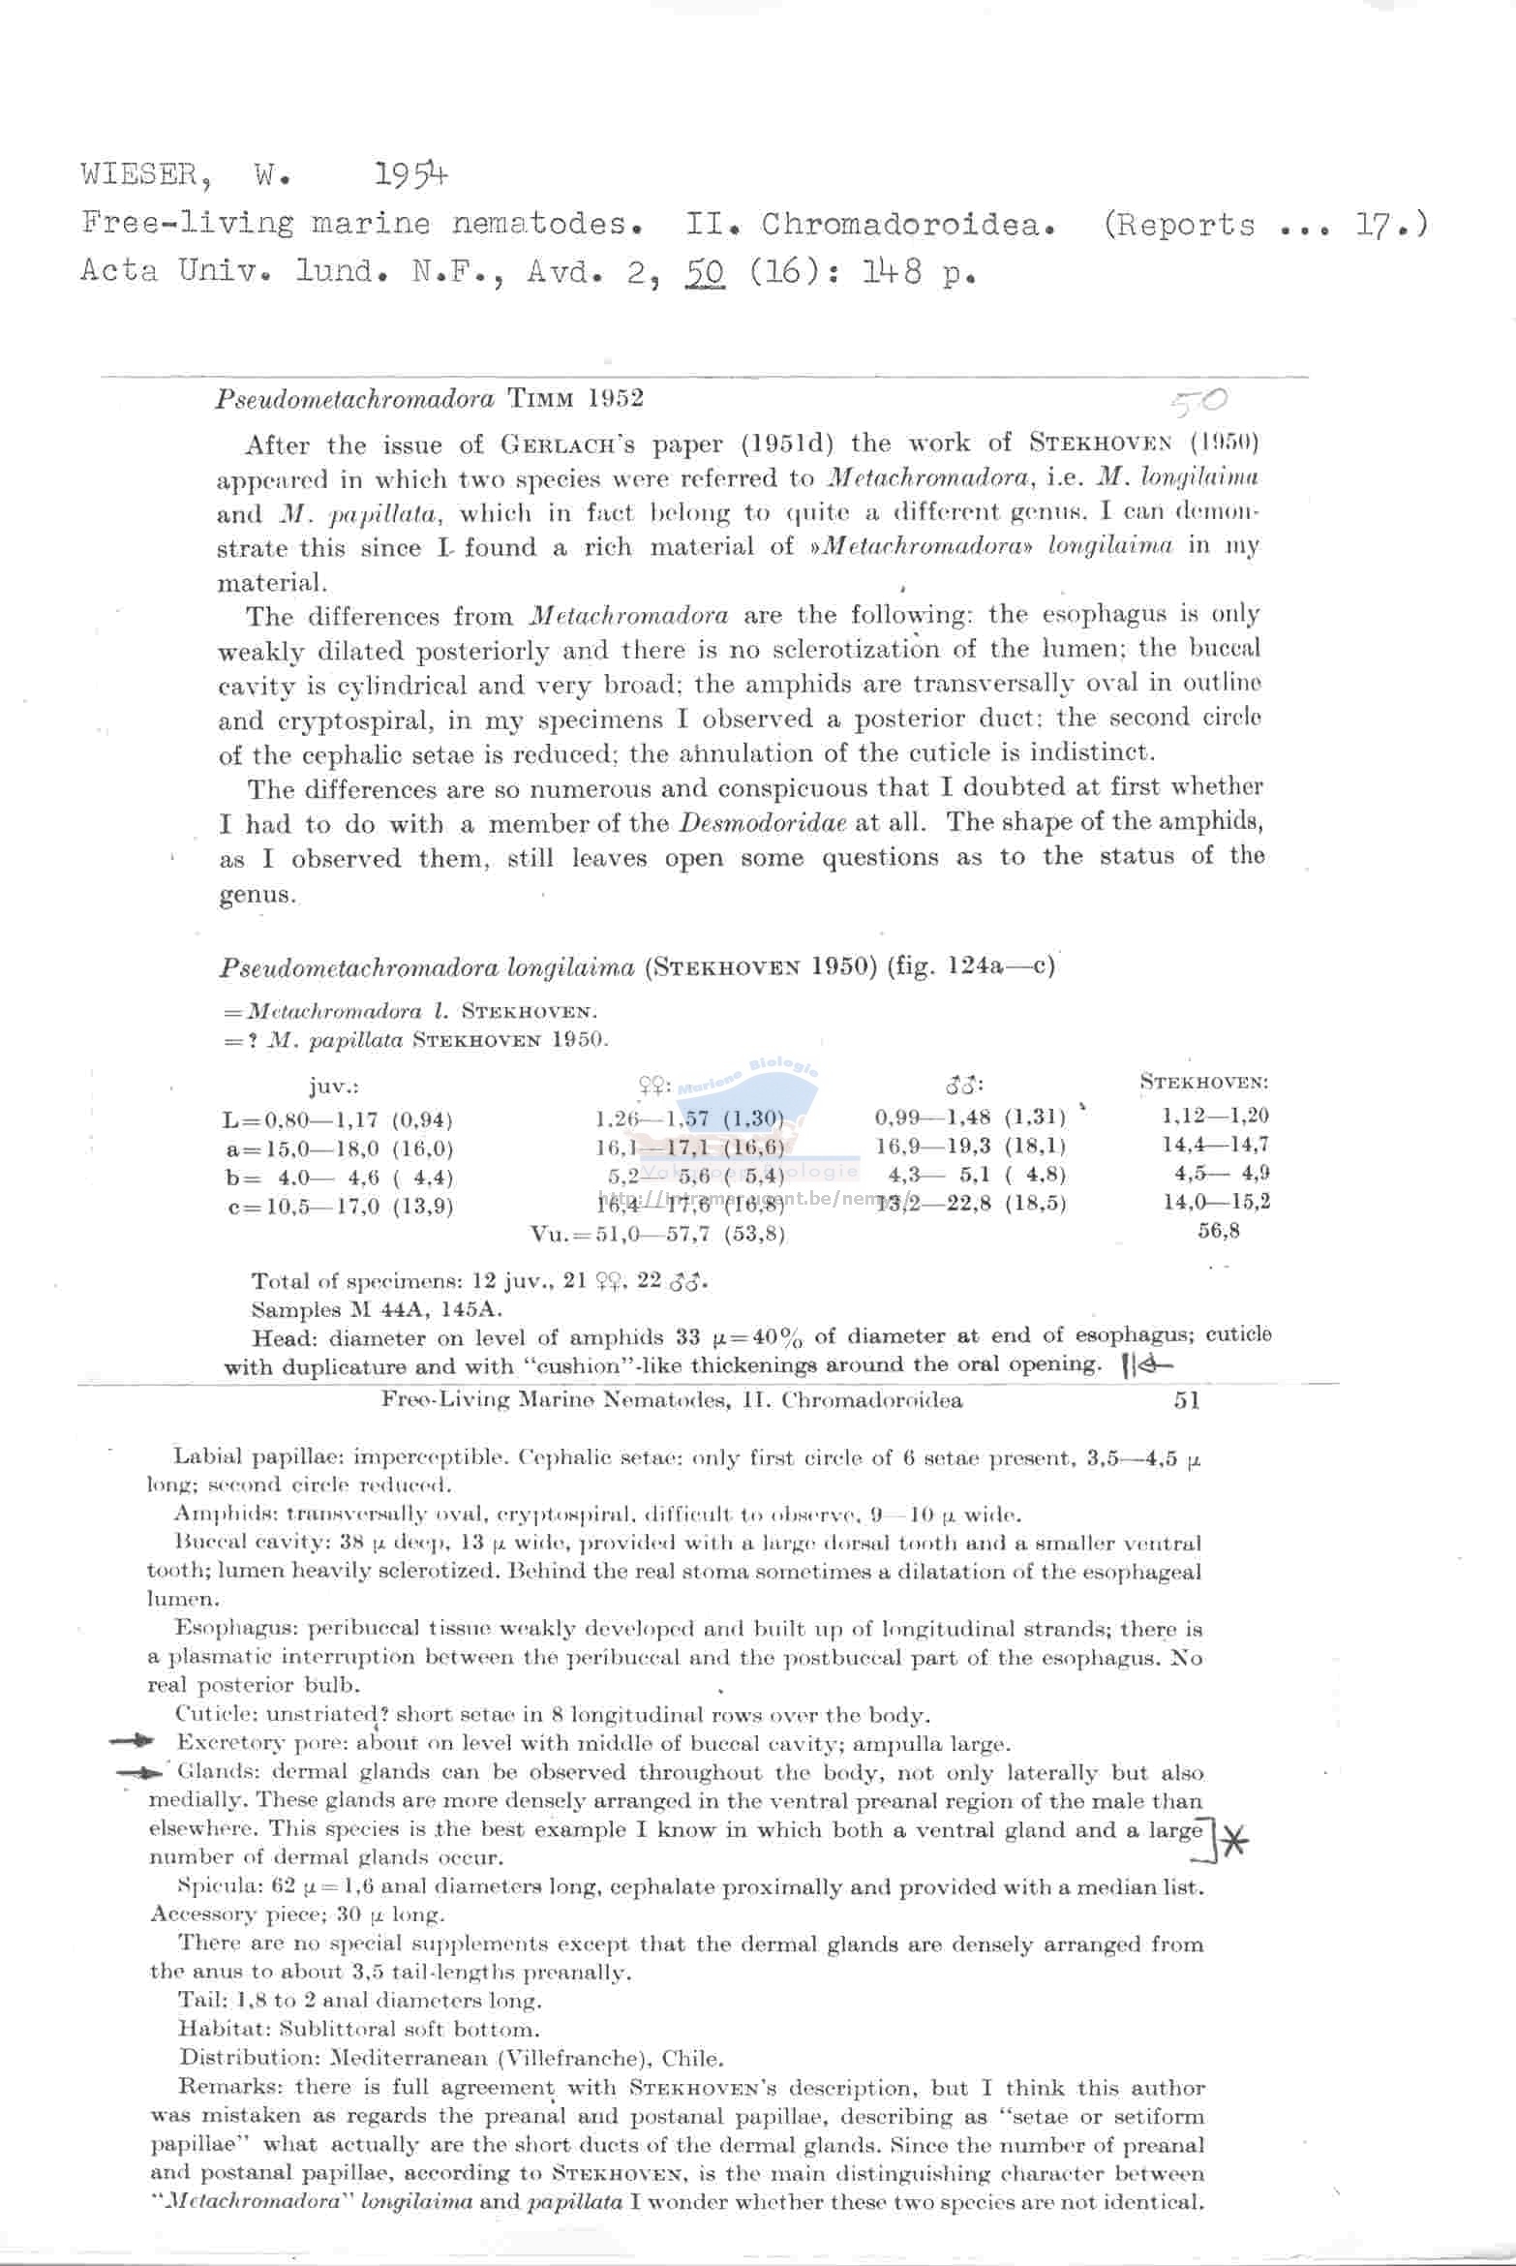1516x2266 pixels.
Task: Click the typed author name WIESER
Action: point(141,175)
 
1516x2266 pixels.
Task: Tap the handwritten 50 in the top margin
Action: point(1198,401)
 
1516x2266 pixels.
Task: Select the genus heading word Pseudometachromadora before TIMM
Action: point(354,399)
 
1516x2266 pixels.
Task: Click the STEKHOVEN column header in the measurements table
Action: point(1203,1083)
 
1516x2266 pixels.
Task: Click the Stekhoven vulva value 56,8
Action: point(1218,1231)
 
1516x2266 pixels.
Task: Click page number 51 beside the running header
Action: point(1187,1400)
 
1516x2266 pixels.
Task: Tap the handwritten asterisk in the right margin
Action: point(1233,1841)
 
